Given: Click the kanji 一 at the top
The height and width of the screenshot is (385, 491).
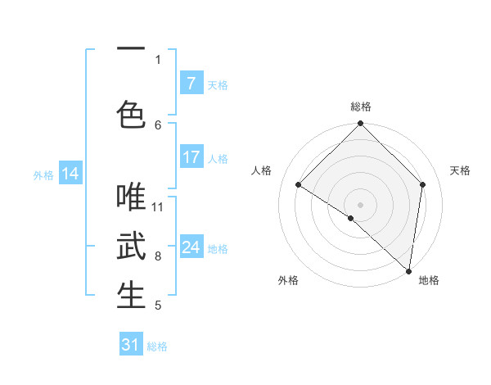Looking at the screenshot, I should (x=131, y=50).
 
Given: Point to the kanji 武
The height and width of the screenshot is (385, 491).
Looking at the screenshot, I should (x=131, y=246).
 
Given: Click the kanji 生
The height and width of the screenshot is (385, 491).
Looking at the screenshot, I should (x=131, y=295).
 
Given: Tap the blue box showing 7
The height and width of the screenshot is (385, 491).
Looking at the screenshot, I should (x=191, y=84).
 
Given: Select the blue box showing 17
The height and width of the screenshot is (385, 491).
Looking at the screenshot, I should (x=191, y=157).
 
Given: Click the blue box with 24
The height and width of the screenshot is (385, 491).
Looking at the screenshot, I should (x=191, y=247).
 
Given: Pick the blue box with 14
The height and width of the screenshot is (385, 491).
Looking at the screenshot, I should (x=70, y=174).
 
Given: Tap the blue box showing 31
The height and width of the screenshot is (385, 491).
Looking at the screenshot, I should (x=131, y=345).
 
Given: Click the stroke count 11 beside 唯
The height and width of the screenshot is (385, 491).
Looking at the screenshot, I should (x=158, y=206).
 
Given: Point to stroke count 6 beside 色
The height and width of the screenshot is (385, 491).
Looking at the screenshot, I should (x=158, y=125).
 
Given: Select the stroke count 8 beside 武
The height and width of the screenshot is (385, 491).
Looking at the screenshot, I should (x=158, y=256).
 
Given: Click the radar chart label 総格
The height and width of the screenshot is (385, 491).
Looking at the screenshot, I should (x=360, y=106).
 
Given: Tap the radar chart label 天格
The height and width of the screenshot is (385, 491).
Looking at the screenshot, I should (x=460, y=170).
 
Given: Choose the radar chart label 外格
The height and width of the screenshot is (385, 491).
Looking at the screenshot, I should (x=288, y=280).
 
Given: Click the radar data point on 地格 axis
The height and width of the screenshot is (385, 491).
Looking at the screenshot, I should (x=408, y=270).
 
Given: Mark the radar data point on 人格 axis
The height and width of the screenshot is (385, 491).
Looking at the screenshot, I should (x=299, y=184).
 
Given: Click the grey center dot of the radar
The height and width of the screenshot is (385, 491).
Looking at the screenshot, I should (x=360, y=204).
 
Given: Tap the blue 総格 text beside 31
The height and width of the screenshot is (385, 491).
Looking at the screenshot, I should (x=157, y=346).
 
